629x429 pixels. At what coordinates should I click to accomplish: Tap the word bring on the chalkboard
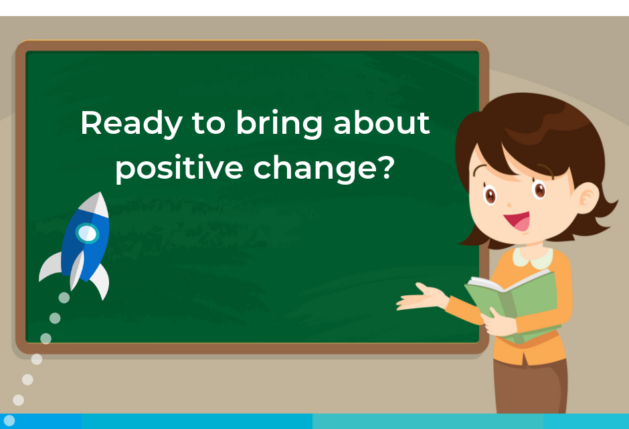click(279, 124)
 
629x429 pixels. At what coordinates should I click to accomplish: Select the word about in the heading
click(381, 122)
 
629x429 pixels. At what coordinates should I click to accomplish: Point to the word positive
click(179, 168)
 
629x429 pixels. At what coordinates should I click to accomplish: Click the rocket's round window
click(87, 233)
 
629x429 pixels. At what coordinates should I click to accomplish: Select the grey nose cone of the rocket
click(96, 205)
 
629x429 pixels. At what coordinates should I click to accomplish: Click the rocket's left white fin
click(51, 266)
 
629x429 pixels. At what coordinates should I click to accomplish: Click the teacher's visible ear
click(586, 198)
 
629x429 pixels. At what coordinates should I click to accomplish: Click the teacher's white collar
click(533, 258)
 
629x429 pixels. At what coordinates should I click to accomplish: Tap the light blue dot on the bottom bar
click(9, 420)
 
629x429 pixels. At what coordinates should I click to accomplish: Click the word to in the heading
click(209, 123)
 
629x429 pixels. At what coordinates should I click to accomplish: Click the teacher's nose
click(509, 205)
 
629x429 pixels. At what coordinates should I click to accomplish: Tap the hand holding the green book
click(499, 323)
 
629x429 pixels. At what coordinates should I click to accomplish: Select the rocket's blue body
click(86, 244)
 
